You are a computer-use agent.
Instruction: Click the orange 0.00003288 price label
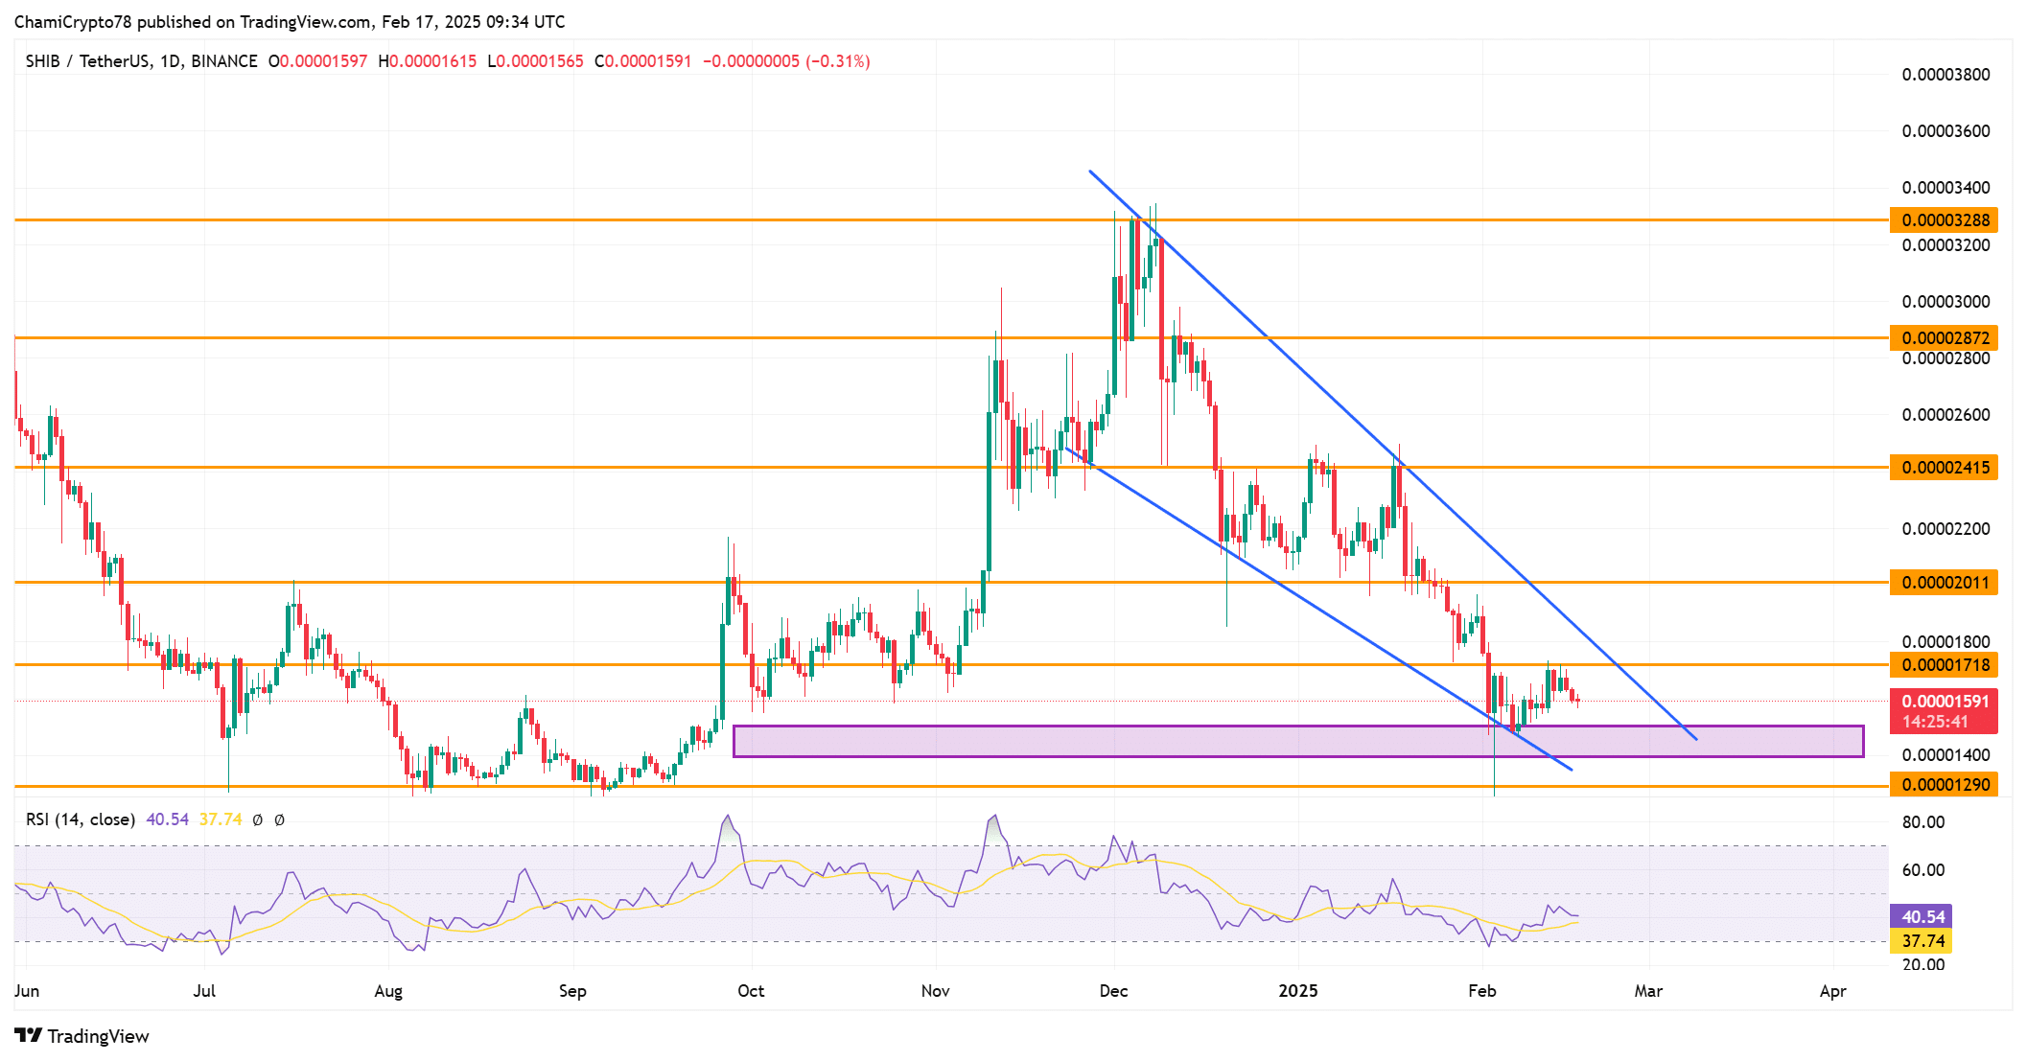click(1944, 219)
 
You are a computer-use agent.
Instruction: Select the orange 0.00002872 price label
click(1944, 337)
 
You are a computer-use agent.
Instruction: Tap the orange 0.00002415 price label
click(1944, 468)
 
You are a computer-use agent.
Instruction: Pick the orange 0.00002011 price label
click(1944, 582)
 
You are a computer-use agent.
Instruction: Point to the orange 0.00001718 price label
click(1944, 664)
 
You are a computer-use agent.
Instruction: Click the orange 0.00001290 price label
click(1944, 785)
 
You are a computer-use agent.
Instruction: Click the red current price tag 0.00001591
click(1944, 702)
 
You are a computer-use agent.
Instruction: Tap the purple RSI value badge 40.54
click(1921, 917)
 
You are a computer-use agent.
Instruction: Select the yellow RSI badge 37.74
click(1921, 941)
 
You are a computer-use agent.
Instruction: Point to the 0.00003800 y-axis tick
click(1945, 75)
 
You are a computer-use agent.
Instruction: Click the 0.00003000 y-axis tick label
click(1945, 302)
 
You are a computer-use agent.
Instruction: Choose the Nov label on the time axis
click(935, 991)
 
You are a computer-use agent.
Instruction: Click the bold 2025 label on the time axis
click(1298, 991)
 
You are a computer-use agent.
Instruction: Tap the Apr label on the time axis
click(1832, 991)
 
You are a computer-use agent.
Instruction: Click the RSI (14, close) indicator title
click(81, 819)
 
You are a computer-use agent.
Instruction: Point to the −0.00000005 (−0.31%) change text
click(786, 61)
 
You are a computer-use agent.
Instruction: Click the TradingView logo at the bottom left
click(82, 1036)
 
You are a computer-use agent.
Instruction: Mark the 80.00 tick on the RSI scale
click(1923, 822)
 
